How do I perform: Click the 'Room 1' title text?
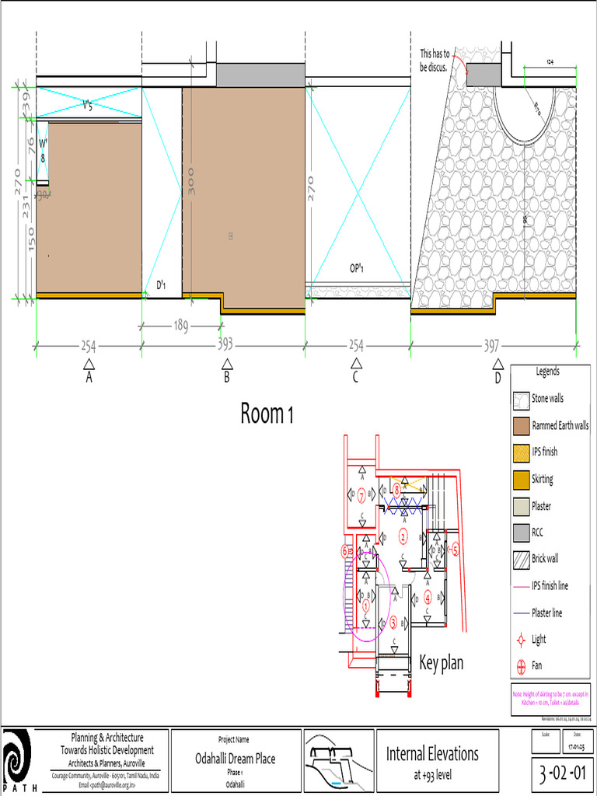click(267, 414)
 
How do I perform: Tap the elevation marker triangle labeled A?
click(89, 364)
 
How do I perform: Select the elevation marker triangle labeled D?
click(497, 364)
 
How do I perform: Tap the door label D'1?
click(162, 285)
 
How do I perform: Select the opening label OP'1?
click(358, 268)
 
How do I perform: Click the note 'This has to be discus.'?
click(436, 61)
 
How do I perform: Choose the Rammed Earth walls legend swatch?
click(521, 426)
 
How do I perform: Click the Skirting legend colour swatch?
click(521, 480)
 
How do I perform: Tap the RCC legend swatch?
click(521, 533)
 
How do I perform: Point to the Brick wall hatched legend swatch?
click(521, 559)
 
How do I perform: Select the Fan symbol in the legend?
click(521, 666)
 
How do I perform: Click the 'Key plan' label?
click(441, 663)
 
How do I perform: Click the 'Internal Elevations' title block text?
click(432, 753)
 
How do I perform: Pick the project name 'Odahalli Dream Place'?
click(235, 759)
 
